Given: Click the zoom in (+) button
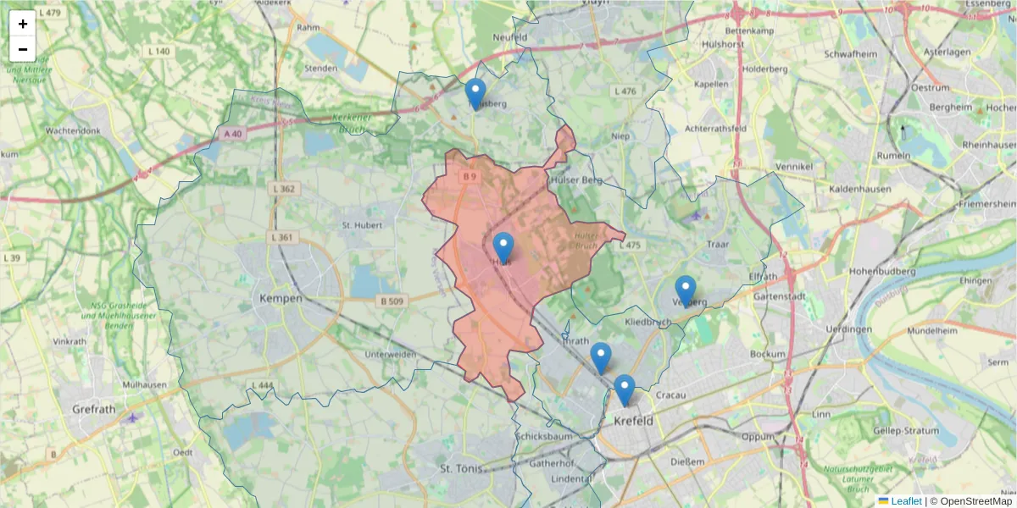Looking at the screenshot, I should (23, 24).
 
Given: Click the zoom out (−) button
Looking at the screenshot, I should (23, 49).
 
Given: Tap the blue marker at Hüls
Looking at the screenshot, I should (503, 247).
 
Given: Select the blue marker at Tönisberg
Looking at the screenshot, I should (475, 93).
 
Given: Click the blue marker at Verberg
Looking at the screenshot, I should (686, 290).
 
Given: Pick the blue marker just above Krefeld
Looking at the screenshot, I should (625, 389).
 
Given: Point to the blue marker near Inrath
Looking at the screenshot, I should (601, 357).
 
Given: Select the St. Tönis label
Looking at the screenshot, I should (461, 468).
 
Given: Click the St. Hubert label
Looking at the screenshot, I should (362, 225).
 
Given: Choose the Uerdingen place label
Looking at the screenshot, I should (848, 329).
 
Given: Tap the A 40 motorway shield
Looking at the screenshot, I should (233, 134).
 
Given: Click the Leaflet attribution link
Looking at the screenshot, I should (905, 501).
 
